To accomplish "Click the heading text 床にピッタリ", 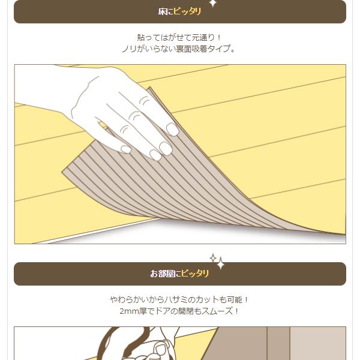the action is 179,11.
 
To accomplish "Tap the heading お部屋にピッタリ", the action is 179,274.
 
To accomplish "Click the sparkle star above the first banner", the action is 213,3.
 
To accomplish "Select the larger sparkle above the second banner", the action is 221,263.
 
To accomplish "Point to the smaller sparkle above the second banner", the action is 213,258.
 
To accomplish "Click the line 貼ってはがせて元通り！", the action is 179,37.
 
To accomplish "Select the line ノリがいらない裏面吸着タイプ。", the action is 179,49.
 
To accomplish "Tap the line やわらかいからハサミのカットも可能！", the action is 179,299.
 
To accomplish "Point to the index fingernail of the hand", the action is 172,129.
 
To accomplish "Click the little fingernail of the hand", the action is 126,149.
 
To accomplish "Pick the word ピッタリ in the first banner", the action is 187,11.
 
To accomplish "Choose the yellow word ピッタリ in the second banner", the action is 195,274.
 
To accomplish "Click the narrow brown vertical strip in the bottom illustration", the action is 278,343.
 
